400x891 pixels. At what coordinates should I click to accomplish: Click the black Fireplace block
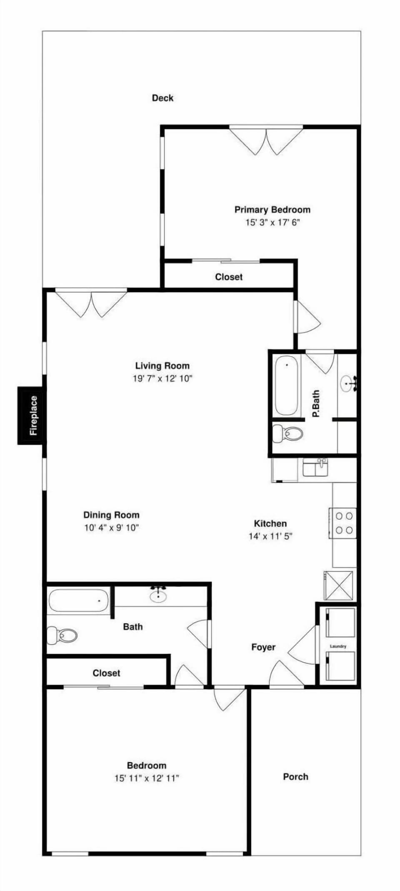tap(32, 415)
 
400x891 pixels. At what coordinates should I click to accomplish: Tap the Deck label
tap(162, 98)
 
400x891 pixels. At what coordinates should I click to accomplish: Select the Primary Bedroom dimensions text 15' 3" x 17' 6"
tap(272, 223)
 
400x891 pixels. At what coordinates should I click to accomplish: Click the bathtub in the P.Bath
tap(287, 385)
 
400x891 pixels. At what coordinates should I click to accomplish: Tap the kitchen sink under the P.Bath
tap(315, 468)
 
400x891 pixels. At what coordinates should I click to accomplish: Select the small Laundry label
tap(338, 646)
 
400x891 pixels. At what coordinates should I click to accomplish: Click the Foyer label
tap(263, 647)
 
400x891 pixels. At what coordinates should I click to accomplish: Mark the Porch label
tap(295, 777)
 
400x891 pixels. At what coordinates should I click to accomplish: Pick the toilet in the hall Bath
tap(62, 636)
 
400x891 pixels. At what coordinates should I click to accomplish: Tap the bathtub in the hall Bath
tap(78, 601)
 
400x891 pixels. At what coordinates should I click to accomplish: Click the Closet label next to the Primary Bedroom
tap(229, 277)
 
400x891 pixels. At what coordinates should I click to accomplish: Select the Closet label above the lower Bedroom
tap(106, 673)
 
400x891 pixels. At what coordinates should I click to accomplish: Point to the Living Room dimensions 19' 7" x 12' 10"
tap(162, 379)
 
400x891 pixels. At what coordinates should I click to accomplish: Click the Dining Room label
tap(111, 515)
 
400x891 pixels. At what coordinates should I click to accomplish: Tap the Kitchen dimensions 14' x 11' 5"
tap(270, 536)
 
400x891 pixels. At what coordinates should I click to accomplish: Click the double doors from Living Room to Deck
tap(91, 302)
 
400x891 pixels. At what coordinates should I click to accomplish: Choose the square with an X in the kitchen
tap(338, 586)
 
